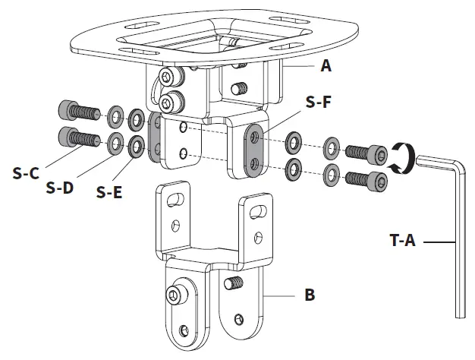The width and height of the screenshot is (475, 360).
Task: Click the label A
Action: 326,66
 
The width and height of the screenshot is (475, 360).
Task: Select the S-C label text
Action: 26,172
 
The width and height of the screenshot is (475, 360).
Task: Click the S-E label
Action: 110,191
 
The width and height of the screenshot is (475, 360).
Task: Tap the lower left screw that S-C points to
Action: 78,140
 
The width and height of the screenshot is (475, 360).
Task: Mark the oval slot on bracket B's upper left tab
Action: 175,199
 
